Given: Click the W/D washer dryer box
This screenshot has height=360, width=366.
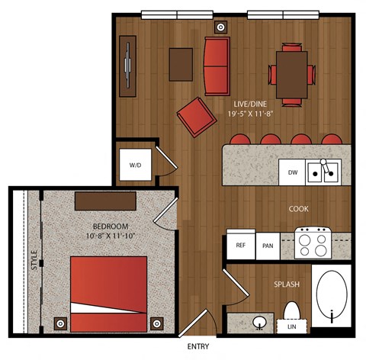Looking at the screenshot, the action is pos(136,165).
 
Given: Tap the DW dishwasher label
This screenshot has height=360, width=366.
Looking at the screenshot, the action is pos(293,172).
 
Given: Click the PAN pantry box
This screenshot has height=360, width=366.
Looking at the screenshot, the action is pos(268,246).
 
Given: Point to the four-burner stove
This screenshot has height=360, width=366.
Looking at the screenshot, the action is pos(313,243).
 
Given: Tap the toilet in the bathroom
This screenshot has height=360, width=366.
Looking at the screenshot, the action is pos(292,311).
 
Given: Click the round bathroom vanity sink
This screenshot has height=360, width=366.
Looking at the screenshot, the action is pos(259,323).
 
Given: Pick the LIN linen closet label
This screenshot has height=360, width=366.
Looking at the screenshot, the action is pos(292,326).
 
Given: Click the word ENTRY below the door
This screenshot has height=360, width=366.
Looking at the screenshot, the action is pos(198,346).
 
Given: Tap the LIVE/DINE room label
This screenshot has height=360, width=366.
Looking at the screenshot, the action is pos(250,104).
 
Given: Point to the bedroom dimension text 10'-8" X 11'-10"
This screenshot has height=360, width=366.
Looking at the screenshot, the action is pos(111,236).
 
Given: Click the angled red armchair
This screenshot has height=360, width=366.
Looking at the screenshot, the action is pos(197,117).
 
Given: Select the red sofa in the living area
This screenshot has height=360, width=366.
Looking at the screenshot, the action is pos(217,66).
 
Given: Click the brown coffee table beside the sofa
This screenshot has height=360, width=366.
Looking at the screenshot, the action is pos(181,65).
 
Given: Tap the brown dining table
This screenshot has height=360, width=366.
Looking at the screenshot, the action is pos(292,75).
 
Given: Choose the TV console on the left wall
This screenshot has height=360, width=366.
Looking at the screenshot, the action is pos(128,66).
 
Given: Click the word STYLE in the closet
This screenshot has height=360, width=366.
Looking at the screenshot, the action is pos(34,260).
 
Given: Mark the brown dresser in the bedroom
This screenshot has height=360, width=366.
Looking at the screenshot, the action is pos(105,201).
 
